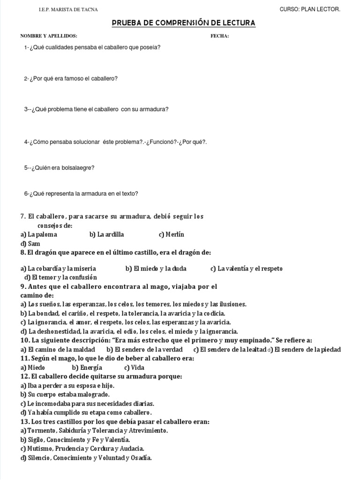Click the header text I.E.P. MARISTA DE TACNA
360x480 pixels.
(68, 10)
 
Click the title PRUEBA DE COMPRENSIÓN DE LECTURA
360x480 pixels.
(184, 23)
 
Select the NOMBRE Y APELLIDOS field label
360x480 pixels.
(49, 36)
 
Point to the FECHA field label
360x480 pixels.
(220, 36)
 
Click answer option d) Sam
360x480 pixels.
(30, 244)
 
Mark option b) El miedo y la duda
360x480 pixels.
(156, 269)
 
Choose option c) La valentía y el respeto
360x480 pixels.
(247, 269)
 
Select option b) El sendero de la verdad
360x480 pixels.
(145, 349)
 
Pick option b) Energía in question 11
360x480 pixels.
(87, 367)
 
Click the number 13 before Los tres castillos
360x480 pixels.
(25, 422)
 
